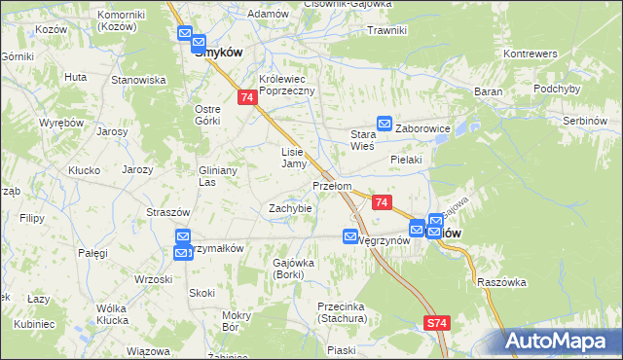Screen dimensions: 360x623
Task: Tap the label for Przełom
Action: (331, 185)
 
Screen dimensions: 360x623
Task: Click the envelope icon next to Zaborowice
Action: (385, 124)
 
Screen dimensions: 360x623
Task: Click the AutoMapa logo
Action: (563, 341)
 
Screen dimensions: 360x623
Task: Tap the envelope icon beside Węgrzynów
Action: (350, 236)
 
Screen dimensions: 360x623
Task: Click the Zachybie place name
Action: (290, 208)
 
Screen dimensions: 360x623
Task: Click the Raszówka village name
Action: (502, 282)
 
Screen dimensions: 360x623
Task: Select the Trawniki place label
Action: (386, 30)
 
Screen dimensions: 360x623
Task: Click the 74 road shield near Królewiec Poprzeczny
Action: (247, 97)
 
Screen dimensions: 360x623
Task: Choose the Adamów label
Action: (269, 15)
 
